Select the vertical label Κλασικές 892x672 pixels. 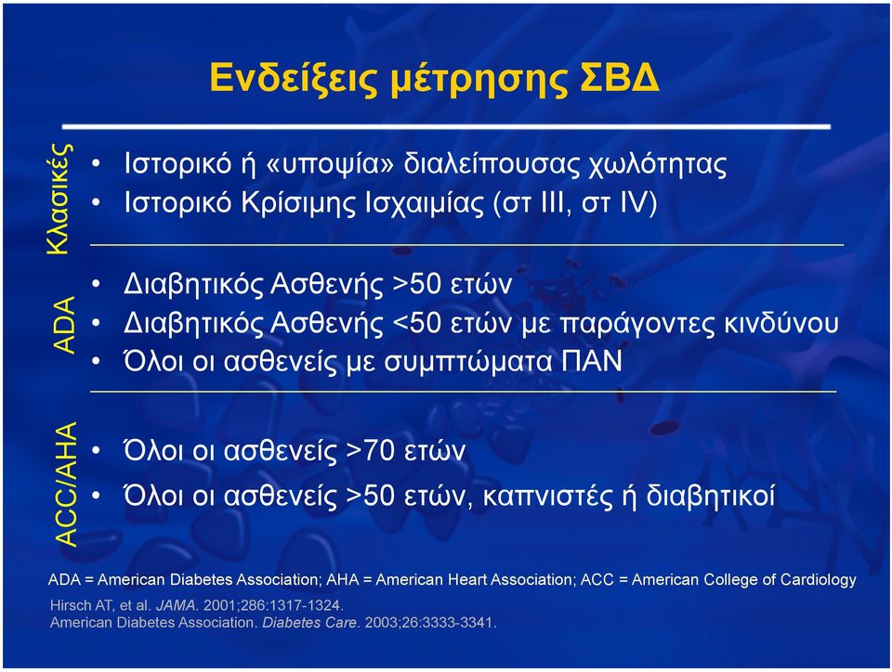tap(59, 199)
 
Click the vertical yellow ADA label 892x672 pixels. tap(64, 326)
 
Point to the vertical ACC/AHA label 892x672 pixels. tap(65, 485)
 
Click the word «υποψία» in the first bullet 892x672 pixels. tap(330, 164)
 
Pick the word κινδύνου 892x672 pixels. tap(781, 323)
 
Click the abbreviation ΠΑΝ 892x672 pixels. tap(592, 361)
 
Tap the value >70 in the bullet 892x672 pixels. tap(370, 450)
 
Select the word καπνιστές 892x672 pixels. tap(550, 496)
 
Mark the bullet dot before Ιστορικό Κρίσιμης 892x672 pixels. tap(96, 202)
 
